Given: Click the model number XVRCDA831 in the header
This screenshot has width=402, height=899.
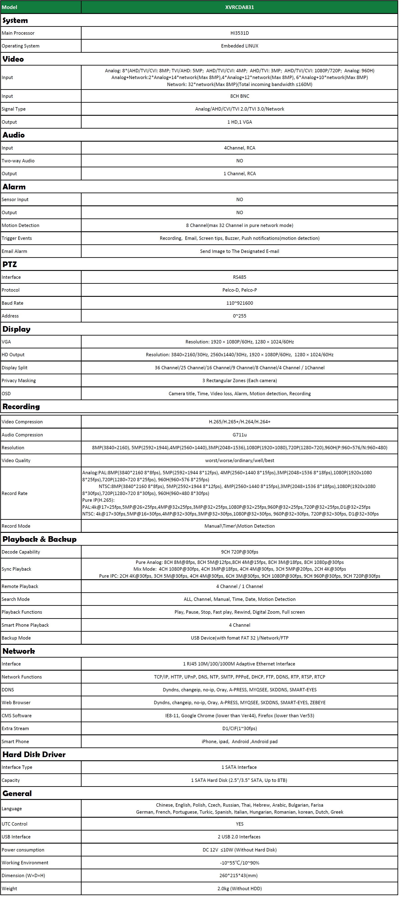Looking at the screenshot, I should click(239, 7).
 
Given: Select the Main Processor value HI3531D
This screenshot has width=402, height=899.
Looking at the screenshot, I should click(239, 33).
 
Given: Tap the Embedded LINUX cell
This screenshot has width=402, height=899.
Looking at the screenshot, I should click(239, 46).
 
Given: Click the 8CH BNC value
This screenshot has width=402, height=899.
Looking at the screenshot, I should click(239, 96).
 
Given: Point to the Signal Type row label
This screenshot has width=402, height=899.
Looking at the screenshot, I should click(14, 109).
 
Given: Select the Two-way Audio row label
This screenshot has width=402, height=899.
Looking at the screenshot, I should click(18, 161).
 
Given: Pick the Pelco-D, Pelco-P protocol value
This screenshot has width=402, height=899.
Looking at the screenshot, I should click(239, 290).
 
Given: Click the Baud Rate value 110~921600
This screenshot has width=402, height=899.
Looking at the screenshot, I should click(239, 303).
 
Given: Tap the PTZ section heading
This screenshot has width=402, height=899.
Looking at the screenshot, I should click(9, 264).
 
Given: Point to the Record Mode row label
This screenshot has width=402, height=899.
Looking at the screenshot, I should click(16, 526).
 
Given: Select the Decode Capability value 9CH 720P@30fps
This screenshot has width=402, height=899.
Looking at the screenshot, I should click(239, 552).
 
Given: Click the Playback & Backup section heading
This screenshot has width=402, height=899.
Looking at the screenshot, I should click(39, 539).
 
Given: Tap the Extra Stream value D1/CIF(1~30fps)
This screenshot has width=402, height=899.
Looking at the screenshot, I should click(239, 728).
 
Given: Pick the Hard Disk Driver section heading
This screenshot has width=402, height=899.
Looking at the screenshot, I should click(34, 754).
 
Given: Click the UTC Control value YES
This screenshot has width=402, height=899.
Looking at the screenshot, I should click(239, 824).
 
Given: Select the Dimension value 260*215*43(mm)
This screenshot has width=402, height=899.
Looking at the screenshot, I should click(239, 875).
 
